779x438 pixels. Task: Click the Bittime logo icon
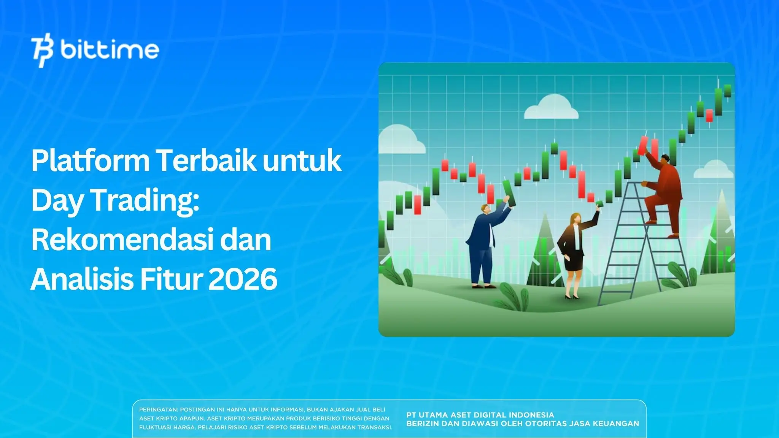(43, 52)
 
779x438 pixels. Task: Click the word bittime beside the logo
(110, 50)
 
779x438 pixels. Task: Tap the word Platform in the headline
(91, 161)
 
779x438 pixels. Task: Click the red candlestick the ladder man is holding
(643, 145)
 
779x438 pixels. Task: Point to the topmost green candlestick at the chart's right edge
(728, 91)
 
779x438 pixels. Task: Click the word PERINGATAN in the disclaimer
(158, 410)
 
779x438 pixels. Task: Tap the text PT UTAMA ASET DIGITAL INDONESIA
(480, 415)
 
